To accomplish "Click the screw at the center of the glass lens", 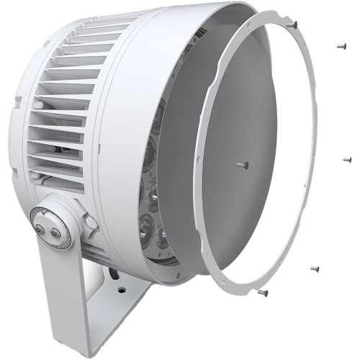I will pyautogui.click(x=243, y=165).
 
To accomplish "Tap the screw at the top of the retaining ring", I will pyautogui.click(x=293, y=24).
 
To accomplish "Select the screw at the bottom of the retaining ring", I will pyautogui.click(x=262, y=293).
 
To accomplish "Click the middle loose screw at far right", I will pyautogui.click(x=346, y=159).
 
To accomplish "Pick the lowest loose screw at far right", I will pyautogui.click(x=315, y=269).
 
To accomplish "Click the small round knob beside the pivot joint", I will pyautogui.click(x=91, y=222).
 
